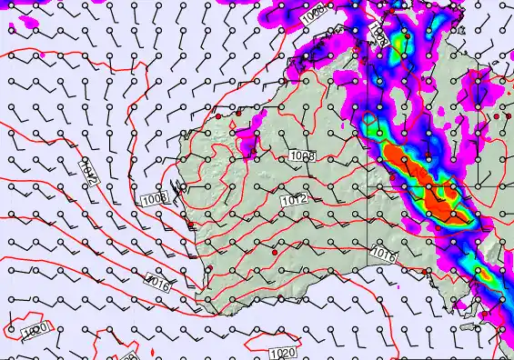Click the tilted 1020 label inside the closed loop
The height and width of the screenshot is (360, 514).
[35, 332]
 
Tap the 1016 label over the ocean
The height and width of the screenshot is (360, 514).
[157, 285]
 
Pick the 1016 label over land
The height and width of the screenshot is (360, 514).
[383, 257]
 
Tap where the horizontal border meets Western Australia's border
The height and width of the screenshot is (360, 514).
[369, 185]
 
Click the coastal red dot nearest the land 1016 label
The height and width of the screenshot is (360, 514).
[428, 271]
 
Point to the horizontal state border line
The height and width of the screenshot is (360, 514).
[437, 185]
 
